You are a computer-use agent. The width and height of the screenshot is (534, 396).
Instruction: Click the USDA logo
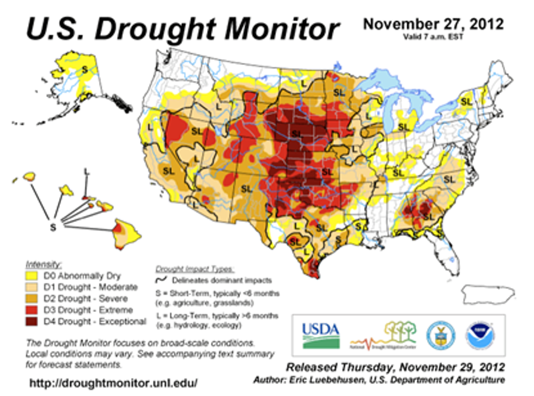320,334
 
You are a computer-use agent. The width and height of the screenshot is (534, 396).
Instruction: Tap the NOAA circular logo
478,334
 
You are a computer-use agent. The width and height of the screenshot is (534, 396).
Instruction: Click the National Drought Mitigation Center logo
382,336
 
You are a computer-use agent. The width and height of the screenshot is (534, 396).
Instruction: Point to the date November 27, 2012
434,25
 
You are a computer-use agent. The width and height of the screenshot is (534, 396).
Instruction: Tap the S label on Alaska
84,69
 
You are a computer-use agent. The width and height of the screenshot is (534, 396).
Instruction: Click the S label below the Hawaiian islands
53,228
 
